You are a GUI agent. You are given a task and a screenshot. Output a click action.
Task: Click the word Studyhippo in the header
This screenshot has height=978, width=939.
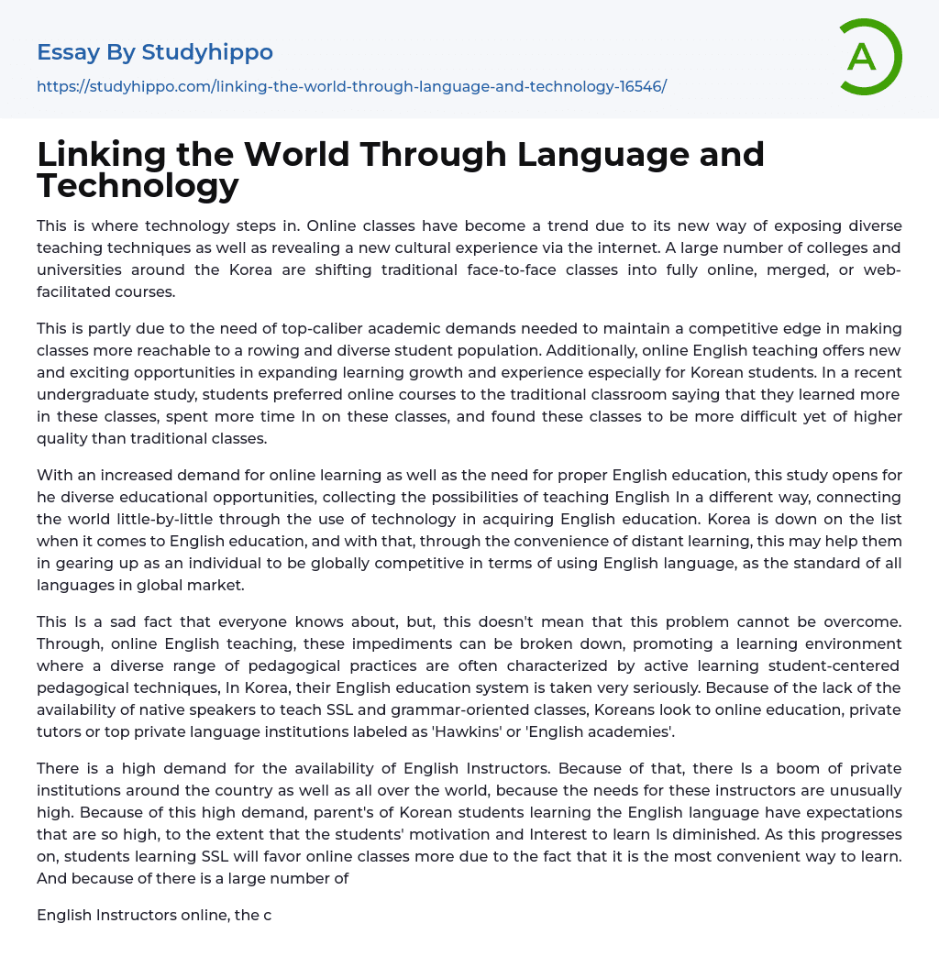tap(207, 52)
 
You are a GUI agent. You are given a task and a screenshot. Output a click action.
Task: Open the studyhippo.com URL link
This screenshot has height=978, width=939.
tap(351, 86)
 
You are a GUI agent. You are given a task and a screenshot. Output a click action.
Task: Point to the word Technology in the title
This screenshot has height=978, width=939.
tap(138, 185)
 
